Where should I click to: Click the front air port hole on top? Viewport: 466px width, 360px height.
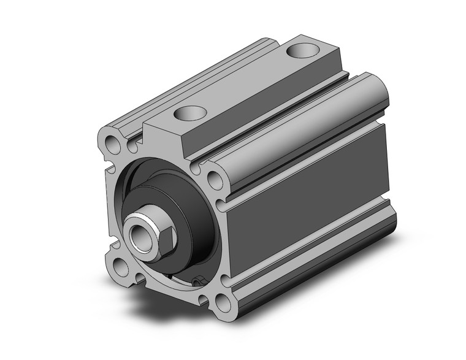click(x=191, y=113)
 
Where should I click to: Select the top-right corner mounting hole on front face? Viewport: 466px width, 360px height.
click(x=215, y=180)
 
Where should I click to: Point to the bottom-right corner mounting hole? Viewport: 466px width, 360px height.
click(x=218, y=302)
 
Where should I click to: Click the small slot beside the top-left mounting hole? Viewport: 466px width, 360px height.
click(x=131, y=147)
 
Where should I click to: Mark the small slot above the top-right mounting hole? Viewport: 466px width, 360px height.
click(x=196, y=166)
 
